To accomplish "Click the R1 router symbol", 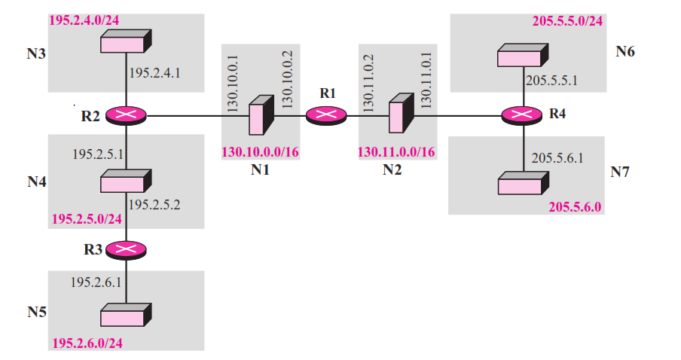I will point(326,115).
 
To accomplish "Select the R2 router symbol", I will point(125,115).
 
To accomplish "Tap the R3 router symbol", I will point(125,249).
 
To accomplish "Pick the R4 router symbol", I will point(522,115).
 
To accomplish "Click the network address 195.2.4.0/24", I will point(84,20).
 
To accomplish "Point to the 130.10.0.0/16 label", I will point(260,152).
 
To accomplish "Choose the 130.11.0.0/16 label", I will point(396,152).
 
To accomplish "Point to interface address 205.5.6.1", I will point(557,159).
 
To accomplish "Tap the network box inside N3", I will point(125,41).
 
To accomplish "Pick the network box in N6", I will point(522,56).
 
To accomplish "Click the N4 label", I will point(37,182).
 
